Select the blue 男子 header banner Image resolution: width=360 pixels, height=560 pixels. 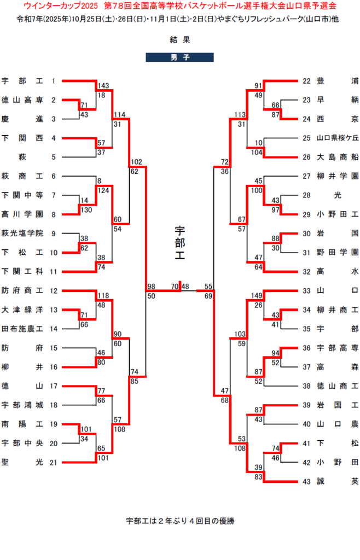179,57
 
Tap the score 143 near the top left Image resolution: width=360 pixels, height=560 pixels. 103,86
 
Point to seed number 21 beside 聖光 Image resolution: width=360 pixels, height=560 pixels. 53,462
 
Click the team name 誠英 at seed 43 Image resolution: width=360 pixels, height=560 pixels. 338,481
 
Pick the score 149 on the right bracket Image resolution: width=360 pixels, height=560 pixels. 257,296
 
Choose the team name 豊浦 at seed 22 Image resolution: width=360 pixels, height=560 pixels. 338,81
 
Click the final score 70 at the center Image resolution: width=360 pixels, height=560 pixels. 175,286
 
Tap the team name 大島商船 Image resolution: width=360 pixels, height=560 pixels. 338,157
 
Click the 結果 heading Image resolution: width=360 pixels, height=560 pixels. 179,39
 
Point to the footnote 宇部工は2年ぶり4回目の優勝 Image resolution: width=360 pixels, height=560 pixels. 179,521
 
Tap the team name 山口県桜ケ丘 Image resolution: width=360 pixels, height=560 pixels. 338,138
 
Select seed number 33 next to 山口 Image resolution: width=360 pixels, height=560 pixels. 306,290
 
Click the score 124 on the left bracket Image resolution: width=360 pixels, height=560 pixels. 103,191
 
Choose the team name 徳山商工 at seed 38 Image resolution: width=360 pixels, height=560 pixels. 338,386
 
